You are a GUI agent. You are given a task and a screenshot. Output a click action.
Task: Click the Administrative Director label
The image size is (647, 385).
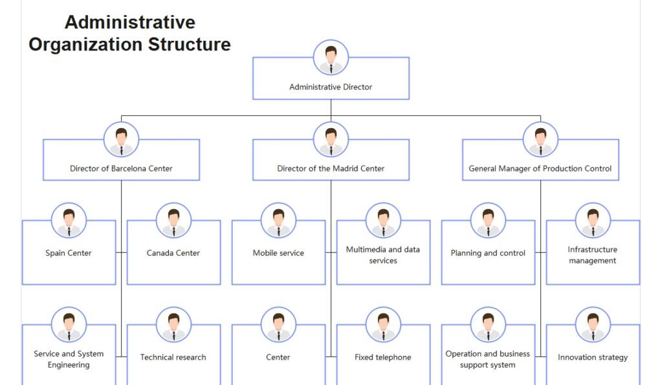point(331,87)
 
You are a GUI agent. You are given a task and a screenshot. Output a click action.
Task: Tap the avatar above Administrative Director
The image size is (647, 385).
point(331,58)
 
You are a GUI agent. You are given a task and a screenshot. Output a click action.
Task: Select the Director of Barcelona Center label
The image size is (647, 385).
point(121,168)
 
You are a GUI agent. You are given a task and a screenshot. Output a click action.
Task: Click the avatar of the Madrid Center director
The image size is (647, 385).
point(331,140)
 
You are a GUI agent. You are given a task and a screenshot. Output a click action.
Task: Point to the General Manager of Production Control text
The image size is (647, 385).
point(540,168)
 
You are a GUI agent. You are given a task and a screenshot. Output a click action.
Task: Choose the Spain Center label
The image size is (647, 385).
point(69,253)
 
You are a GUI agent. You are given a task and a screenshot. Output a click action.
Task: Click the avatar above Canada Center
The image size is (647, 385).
point(173,221)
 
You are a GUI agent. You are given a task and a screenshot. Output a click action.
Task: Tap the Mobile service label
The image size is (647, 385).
point(278,253)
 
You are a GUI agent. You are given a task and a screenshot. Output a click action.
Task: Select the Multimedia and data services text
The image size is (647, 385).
point(383,255)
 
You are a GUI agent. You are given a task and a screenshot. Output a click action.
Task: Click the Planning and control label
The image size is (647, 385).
point(488,253)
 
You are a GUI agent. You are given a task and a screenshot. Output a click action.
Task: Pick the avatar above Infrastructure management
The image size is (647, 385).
point(593,221)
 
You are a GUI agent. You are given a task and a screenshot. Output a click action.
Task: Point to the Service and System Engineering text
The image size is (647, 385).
point(69,359)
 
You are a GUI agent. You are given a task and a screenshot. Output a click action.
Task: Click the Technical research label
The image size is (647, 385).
point(173,357)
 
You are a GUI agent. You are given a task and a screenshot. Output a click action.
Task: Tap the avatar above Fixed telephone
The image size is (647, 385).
point(383,325)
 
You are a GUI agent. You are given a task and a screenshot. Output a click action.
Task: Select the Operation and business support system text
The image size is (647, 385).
point(488,359)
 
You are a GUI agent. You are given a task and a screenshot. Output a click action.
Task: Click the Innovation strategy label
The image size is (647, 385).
point(593,357)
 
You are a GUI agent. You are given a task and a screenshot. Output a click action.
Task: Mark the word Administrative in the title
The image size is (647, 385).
point(130,22)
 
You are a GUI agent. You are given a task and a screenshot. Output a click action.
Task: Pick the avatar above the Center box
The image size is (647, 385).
point(278,325)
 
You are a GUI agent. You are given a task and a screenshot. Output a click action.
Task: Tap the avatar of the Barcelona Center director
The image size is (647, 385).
point(121,140)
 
